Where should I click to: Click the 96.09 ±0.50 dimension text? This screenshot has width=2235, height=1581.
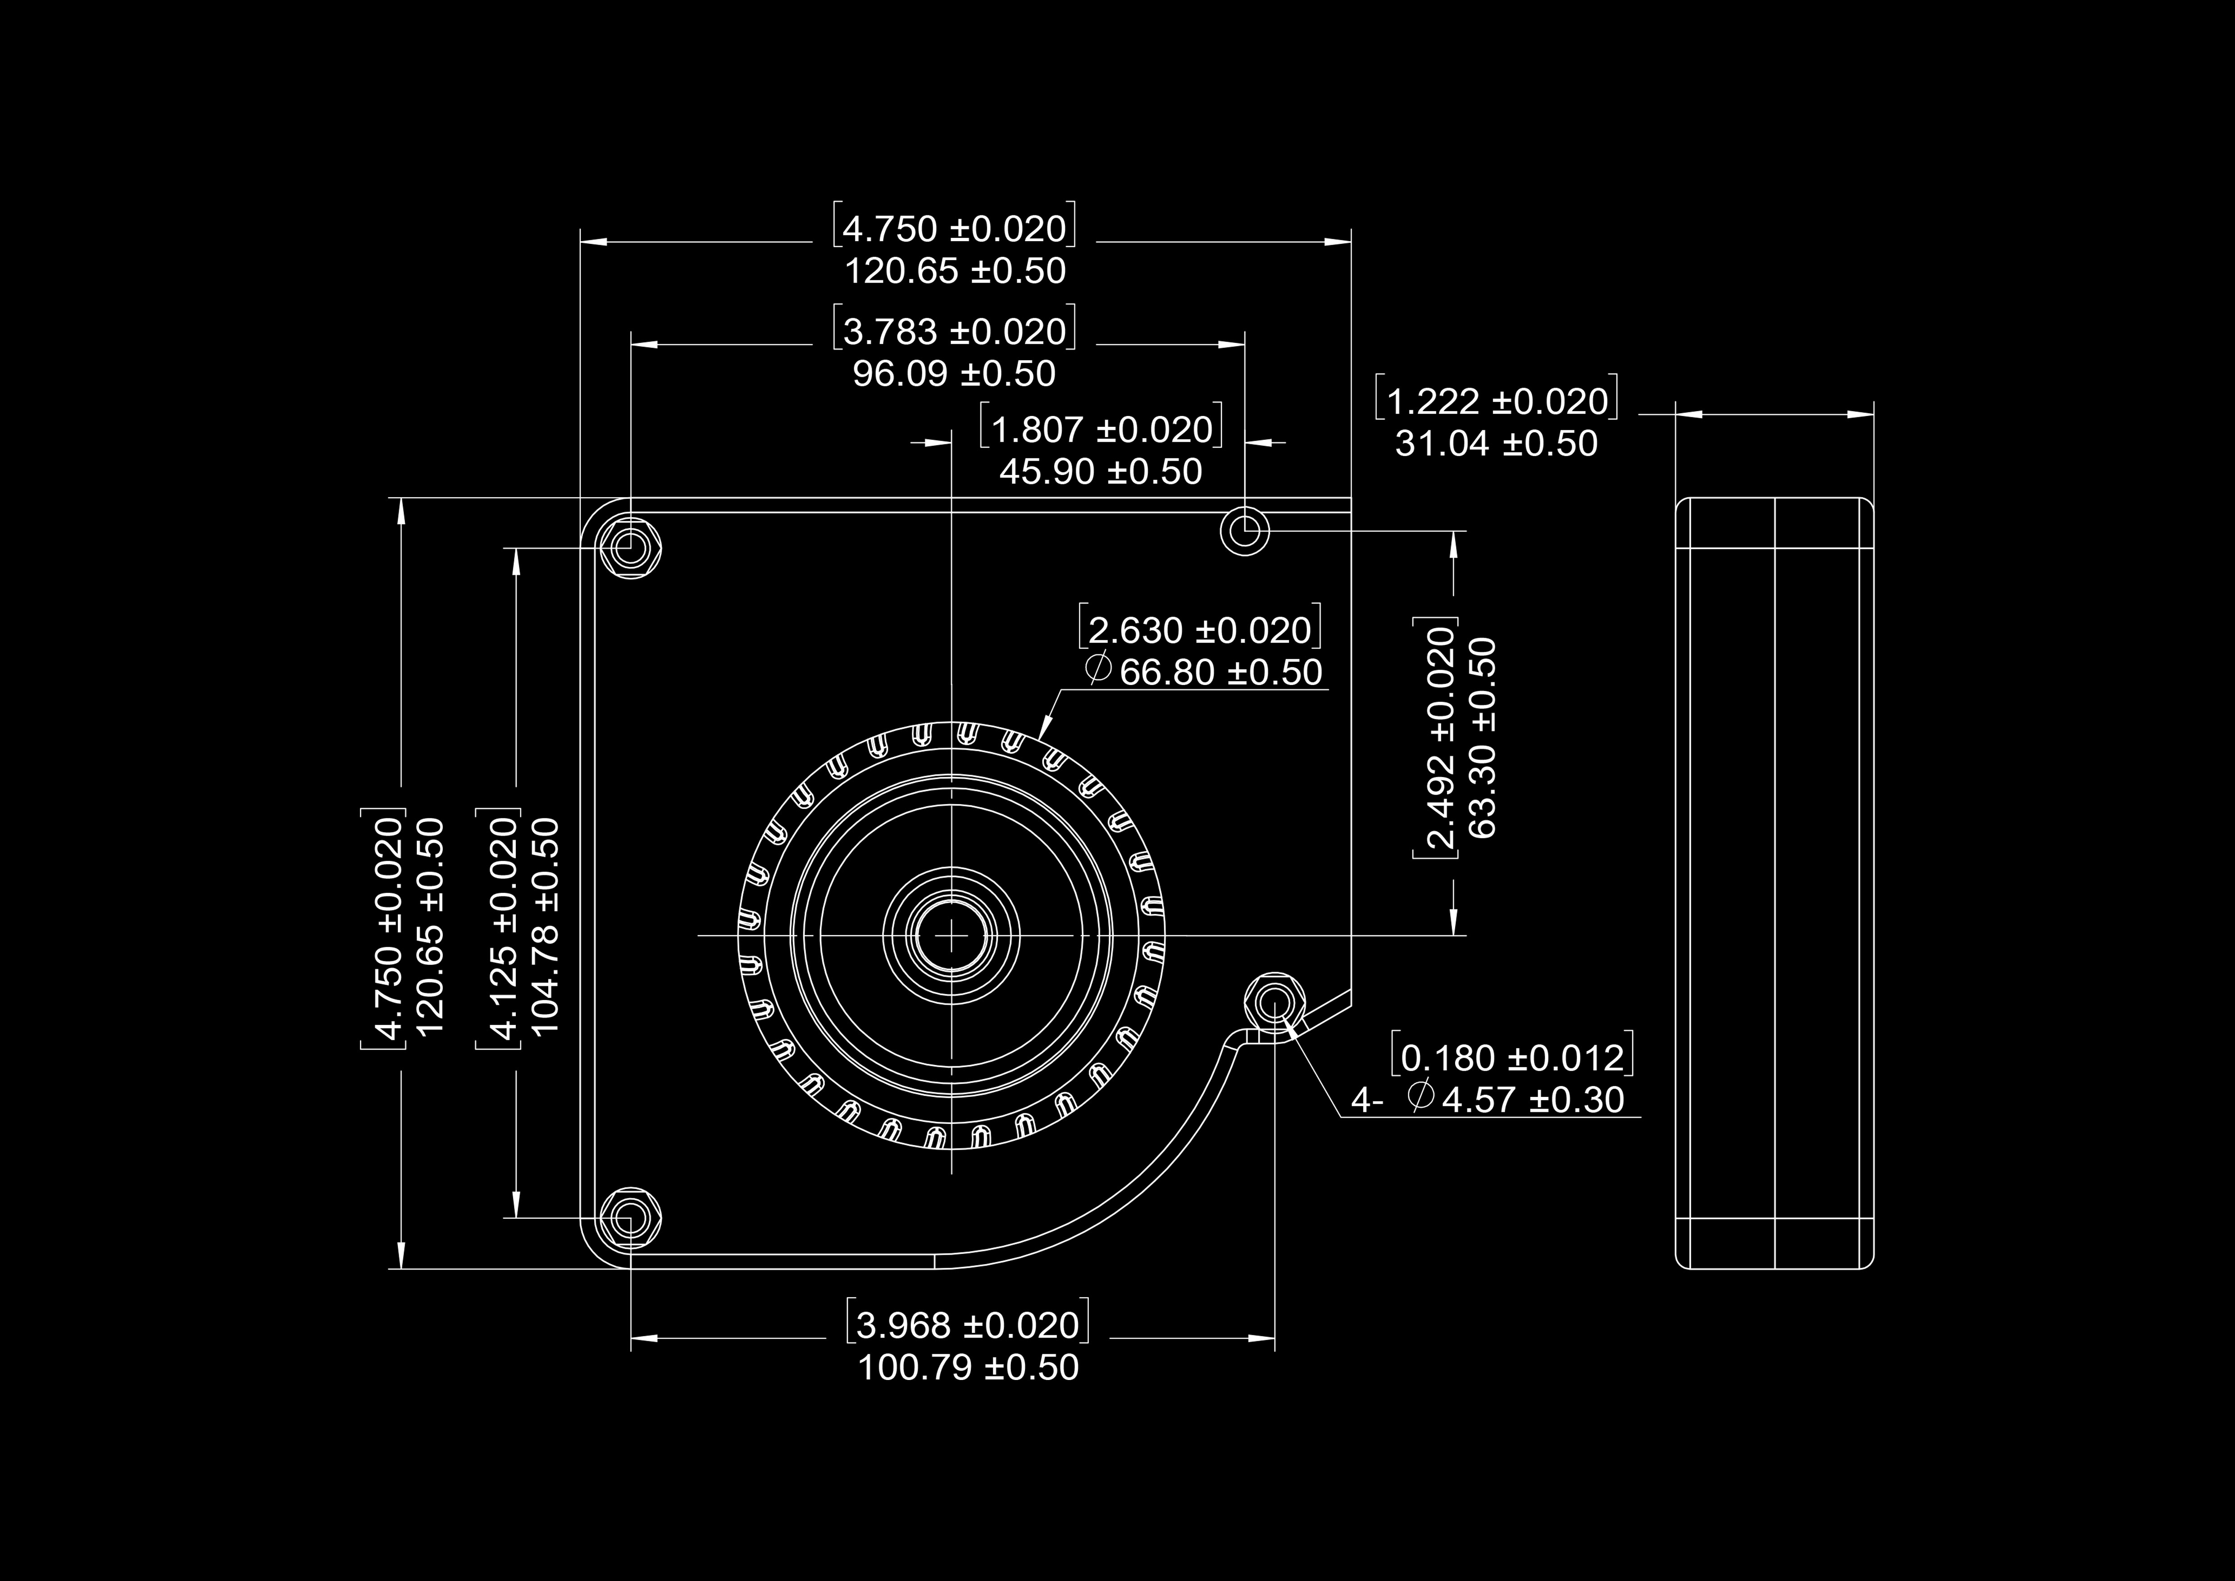coord(954,374)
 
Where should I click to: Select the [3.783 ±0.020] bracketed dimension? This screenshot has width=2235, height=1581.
coord(954,331)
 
